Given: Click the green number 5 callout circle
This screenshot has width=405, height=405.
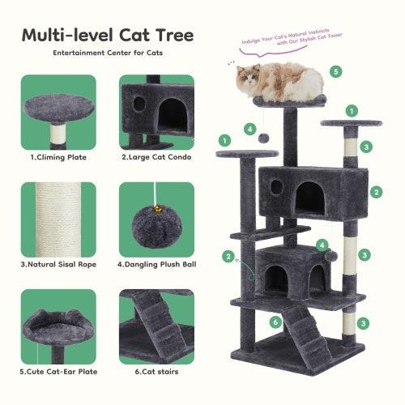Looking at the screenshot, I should coord(336,71).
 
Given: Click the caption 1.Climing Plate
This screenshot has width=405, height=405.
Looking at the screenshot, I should coord(59,157).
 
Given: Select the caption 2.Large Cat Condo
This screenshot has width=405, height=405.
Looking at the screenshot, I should coord(156,157).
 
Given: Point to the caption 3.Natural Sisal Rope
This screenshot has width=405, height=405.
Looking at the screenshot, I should coord(59,264).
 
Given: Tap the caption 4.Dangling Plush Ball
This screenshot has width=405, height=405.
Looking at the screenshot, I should coord(156,264).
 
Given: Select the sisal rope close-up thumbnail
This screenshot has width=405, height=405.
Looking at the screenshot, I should coord(58,219).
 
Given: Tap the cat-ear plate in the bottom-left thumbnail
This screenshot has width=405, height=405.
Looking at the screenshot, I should coord(58,319).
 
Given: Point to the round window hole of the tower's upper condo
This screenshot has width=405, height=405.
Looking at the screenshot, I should coord(276,187).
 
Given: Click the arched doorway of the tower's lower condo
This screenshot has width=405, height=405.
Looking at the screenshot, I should coord(278,278).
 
